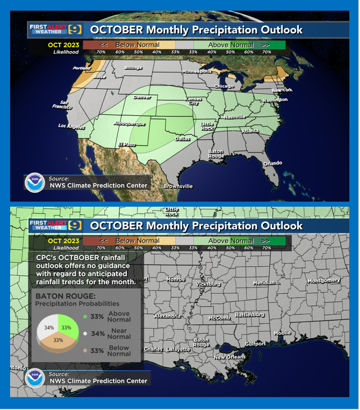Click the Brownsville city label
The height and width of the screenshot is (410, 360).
click(178, 186)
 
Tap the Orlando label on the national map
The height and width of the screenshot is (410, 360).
click(273, 163)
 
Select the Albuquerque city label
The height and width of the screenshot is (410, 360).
click(129, 124)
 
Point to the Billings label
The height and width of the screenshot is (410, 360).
click(133, 67)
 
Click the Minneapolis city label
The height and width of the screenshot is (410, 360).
click(197, 72)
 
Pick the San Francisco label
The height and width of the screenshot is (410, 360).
click(63, 104)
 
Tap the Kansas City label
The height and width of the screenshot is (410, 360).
click(193, 101)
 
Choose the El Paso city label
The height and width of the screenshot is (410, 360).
click(126, 145)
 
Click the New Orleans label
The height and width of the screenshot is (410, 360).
click(229, 357)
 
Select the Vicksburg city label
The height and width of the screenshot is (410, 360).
click(208, 284)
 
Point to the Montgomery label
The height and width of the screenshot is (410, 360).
click(324, 280)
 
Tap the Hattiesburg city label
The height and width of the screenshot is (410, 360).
click(249, 315)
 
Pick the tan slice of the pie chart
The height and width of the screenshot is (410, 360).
click(58, 341)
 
